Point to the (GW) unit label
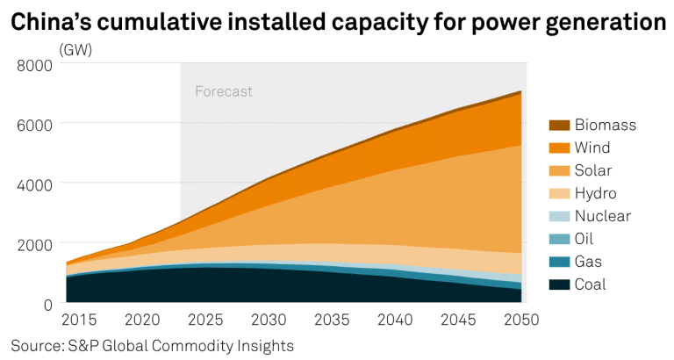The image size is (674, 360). [x=75, y=49]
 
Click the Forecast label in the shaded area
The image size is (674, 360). [x=224, y=90]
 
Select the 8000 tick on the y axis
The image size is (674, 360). [x=34, y=64]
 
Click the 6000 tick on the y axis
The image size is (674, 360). [x=34, y=124]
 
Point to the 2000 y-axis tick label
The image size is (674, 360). [x=34, y=243]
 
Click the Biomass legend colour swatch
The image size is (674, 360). [x=557, y=125]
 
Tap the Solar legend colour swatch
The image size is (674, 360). [x=557, y=170]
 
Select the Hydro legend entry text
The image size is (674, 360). [x=596, y=193]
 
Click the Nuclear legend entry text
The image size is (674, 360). [x=603, y=216]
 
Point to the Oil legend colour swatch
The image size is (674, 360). [x=557, y=239]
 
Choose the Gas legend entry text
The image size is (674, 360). [x=589, y=262]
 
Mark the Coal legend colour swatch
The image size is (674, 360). [x=557, y=284]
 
